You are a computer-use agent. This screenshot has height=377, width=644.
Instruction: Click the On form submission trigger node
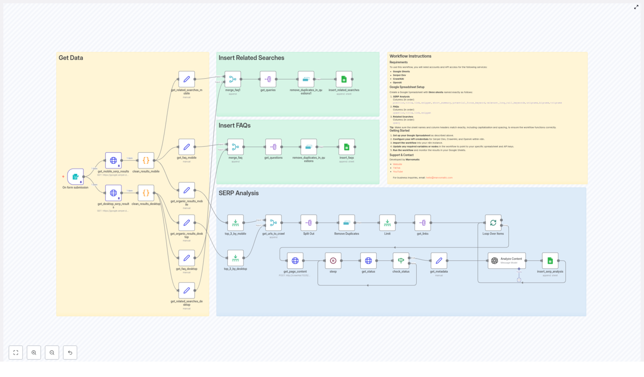75,177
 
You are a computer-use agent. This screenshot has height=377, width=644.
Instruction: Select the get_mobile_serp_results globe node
114,160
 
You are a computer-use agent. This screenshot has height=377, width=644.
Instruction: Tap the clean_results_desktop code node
146,193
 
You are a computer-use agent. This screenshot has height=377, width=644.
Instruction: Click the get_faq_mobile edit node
186,147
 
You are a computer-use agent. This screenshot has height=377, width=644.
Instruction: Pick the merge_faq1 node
233,79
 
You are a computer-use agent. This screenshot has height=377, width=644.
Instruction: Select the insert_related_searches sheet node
344,79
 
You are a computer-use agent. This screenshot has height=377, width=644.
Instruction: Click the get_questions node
273,147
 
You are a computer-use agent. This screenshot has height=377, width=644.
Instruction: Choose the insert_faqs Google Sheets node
347,147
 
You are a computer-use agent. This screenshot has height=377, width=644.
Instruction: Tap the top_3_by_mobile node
235,223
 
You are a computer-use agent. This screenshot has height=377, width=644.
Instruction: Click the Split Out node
309,223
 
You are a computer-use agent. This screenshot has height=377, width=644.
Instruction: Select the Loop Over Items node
493,223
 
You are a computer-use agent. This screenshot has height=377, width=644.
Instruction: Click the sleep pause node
333,260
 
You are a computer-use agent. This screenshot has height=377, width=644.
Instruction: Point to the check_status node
401,260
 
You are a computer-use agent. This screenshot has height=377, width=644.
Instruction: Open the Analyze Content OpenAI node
506,260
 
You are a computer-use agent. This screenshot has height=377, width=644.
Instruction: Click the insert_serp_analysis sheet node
550,260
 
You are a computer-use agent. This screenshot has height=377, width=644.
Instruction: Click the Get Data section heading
71,58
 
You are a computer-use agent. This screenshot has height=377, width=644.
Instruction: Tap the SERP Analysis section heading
239,193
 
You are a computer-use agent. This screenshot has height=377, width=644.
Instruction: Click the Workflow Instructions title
410,56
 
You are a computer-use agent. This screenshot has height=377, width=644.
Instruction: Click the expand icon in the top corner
636,7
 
